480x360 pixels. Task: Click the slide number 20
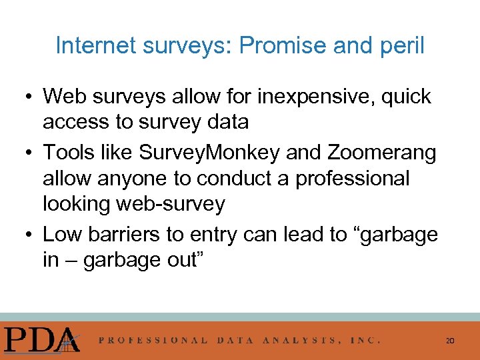(450, 341)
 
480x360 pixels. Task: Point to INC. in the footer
(366, 340)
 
